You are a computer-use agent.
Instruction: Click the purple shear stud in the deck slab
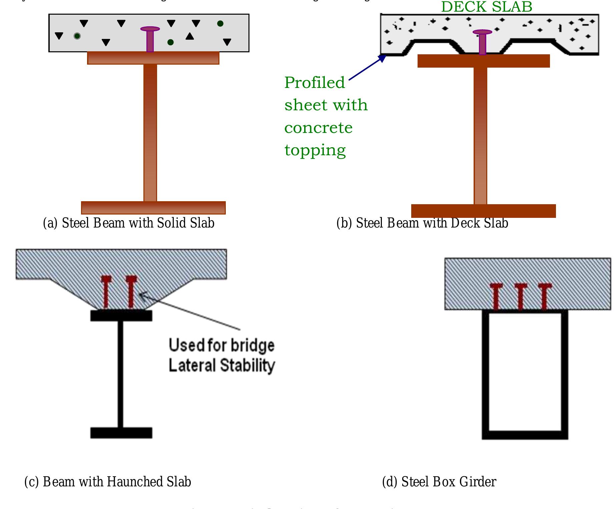[x=482, y=42]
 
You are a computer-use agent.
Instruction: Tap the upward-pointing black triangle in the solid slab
[x=190, y=36]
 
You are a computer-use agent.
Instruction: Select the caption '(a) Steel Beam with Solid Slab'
[x=129, y=223]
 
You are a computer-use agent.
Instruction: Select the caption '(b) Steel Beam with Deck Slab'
[x=422, y=223]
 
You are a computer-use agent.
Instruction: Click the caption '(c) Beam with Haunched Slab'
[x=108, y=482]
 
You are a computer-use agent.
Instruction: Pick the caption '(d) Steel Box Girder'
[x=439, y=482]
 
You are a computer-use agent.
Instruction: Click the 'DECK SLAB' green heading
[x=487, y=7]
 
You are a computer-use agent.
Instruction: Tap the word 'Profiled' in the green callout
[x=315, y=83]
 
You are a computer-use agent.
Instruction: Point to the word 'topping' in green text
[x=315, y=151]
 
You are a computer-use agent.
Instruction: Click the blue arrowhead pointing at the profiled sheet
[x=382, y=59]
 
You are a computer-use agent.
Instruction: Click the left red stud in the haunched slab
[x=106, y=292]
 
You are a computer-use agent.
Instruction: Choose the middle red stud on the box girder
[x=521, y=296]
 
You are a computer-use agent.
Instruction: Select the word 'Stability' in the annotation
[x=247, y=365]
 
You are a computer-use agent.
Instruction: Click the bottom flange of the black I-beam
[x=121, y=433]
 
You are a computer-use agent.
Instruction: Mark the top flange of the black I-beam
[x=121, y=315]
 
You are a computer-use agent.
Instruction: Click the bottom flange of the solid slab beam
[x=153, y=208]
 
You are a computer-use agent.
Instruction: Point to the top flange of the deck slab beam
[x=484, y=61]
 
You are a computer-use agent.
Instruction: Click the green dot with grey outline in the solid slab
[x=77, y=36]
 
